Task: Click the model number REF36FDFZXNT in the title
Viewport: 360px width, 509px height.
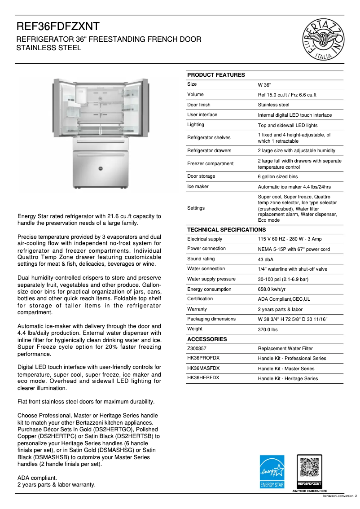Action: pyautogui.click(x=58, y=27)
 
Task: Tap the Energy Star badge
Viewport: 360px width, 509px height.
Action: pyautogui.click(x=272, y=472)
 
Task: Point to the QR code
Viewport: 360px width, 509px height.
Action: pyautogui.click(x=309, y=468)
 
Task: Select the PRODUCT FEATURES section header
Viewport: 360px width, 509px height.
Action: pyautogui.click(x=216, y=75)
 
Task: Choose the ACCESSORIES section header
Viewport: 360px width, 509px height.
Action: pyautogui.click(x=207, y=339)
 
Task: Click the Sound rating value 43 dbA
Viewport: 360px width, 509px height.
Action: pyautogui.click(x=265, y=259)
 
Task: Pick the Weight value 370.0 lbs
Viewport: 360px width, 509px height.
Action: pyautogui.click(x=268, y=329)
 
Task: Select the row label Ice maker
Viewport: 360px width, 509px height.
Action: pyautogui.click(x=198, y=186)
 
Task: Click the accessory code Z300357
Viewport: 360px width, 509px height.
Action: pyautogui.click(x=197, y=348)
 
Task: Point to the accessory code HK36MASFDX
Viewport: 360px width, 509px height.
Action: pyautogui.click(x=203, y=368)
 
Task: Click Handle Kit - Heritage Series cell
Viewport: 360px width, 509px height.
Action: pyautogui.click(x=288, y=378)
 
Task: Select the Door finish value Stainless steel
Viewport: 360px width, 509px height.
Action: pyautogui.click(x=273, y=105)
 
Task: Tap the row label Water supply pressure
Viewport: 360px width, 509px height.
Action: pyautogui.click(x=211, y=279)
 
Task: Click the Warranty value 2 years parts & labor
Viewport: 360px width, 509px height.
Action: pyautogui.click(x=280, y=309)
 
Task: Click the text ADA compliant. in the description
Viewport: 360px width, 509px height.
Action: pyautogui.click(x=37, y=478)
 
